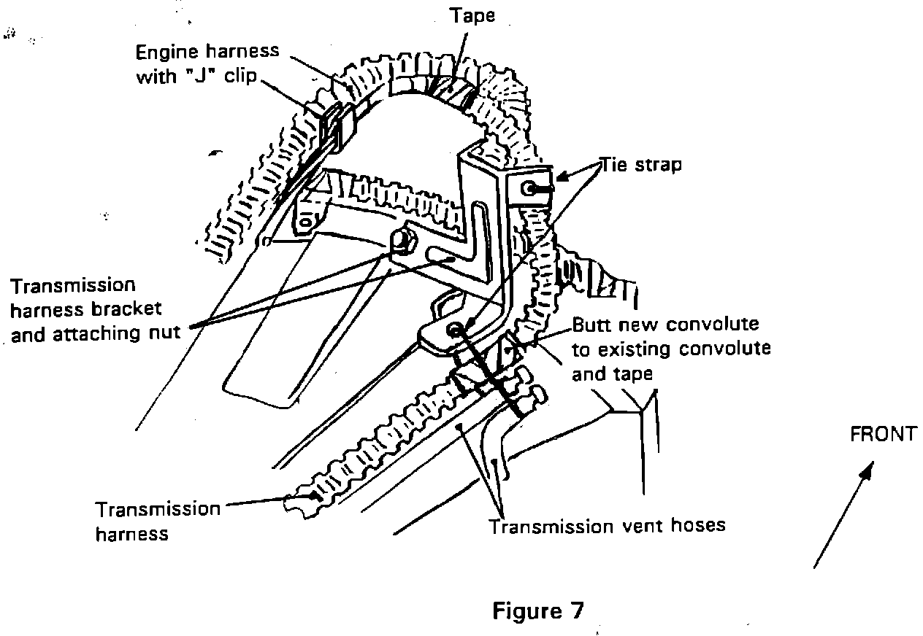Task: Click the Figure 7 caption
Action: [x=538, y=610]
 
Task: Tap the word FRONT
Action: [x=882, y=435]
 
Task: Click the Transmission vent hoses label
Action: [x=607, y=525]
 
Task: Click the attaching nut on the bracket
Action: [x=401, y=238]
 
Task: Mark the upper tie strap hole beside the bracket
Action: [x=528, y=188]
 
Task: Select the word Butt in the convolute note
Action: [x=589, y=323]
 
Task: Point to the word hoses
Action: [x=696, y=525]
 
